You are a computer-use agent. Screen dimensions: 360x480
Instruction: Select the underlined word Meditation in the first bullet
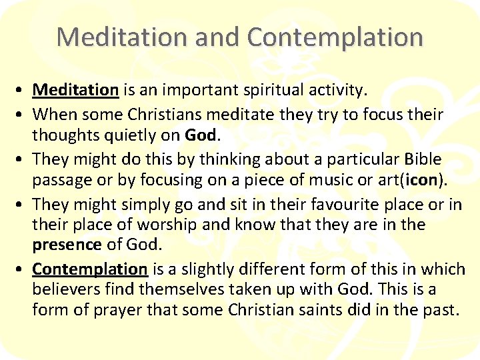75,89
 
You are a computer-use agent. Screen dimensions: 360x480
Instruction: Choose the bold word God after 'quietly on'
201,135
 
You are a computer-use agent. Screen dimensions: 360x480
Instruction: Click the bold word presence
67,245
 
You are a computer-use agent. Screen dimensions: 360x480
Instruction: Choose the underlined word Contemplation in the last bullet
89,269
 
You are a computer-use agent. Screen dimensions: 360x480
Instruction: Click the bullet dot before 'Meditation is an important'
22,90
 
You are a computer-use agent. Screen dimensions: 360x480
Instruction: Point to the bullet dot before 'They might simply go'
22,205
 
